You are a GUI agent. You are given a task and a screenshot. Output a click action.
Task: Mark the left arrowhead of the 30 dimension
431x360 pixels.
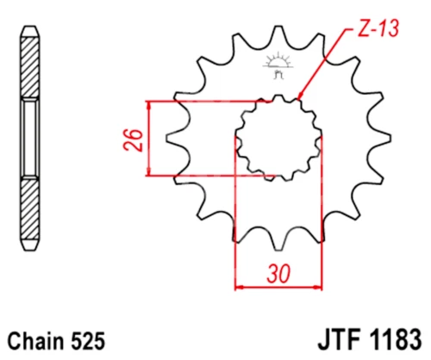[x=239, y=285]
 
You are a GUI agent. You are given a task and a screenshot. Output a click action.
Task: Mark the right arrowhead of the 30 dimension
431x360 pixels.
[x=318, y=285]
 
